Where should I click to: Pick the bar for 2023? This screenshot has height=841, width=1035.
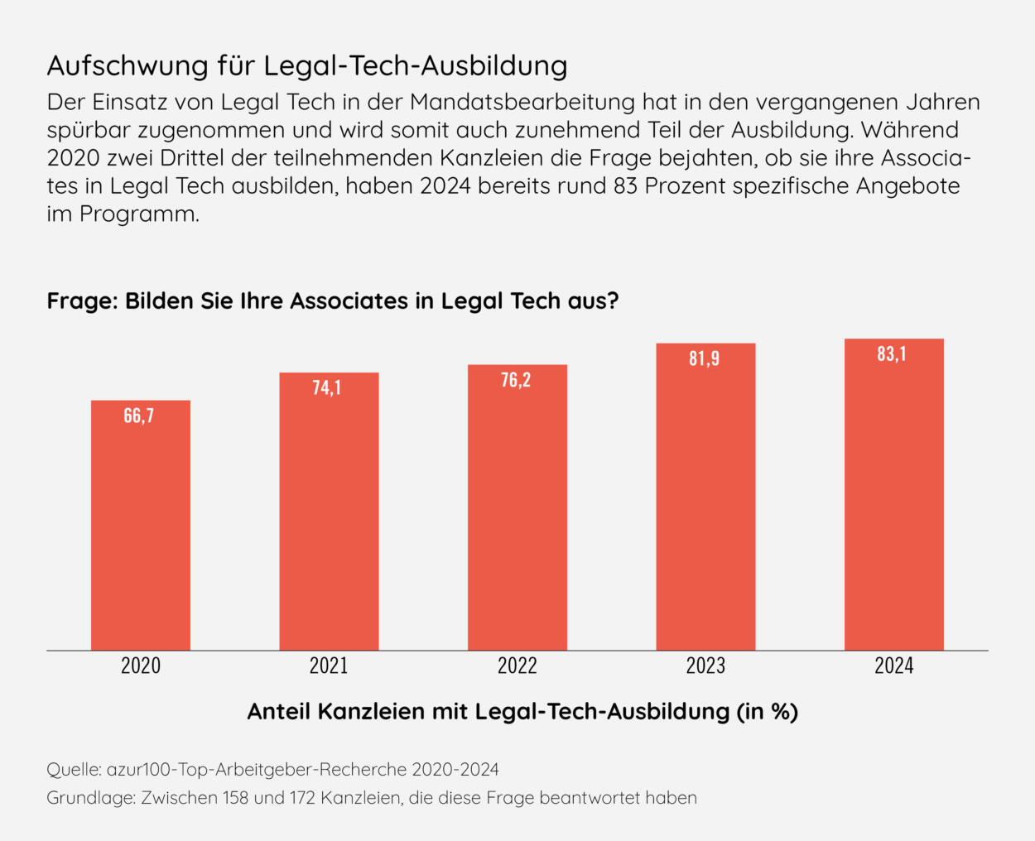(x=705, y=497)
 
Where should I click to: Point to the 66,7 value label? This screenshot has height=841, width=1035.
(x=139, y=416)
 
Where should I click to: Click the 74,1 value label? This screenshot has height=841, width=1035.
(x=327, y=387)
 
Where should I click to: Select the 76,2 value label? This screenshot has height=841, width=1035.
(x=516, y=380)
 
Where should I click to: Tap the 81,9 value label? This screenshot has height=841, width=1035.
(x=705, y=358)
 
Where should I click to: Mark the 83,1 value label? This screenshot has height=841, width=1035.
(x=892, y=354)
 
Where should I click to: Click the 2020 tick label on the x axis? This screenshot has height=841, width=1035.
(x=141, y=666)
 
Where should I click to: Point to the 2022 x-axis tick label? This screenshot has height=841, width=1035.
(x=517, y=666)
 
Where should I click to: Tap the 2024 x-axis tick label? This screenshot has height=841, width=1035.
(x=894, y=666)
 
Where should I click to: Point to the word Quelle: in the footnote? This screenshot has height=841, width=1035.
(x=74, y=770)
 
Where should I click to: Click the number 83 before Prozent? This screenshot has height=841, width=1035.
(x=625, y=185)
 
